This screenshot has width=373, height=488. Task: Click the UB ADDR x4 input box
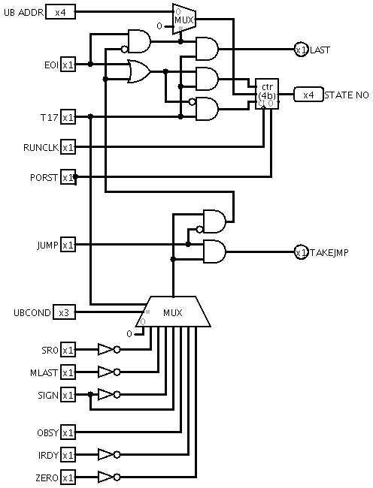tap(60, 12)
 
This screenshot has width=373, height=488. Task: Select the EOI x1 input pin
tap(68, 65)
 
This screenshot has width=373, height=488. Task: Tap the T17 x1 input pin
tap(68, 117)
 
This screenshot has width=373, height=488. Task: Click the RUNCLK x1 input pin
tap(68, 147)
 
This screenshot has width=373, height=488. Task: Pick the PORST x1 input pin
tap(68, 177)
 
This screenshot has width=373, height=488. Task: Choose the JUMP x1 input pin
tap(68, 245)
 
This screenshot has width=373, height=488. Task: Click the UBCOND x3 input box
tap(64, 312)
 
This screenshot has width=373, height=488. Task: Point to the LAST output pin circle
tap(302, 50)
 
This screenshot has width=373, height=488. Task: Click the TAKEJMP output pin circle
tap(302, 252)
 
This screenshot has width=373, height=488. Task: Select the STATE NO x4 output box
tap(308, 95)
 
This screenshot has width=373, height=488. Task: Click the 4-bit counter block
tap(267, 94)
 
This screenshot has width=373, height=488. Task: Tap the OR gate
tap(139, 71)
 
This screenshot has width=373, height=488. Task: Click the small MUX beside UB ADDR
tap(184, 20)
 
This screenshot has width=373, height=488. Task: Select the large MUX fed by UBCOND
tap(173, 312)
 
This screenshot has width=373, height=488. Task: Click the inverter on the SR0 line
tap(109, 350)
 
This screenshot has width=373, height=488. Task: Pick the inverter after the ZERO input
tap(109, 477)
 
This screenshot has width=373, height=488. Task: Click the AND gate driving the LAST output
tap(207, 49)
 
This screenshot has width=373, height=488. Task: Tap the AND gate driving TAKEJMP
tap(214, 252)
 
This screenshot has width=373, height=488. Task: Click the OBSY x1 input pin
tap(68, 432)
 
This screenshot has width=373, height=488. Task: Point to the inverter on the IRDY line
tap(109, 455)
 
